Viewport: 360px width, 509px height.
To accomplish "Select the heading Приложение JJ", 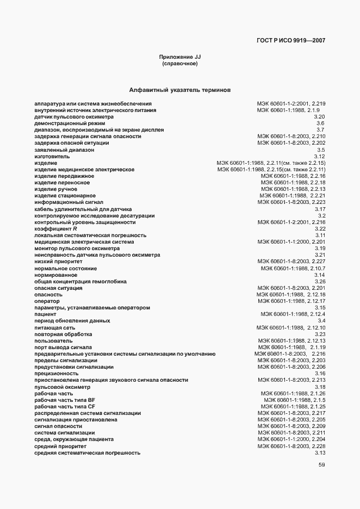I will click(x=180, y=57).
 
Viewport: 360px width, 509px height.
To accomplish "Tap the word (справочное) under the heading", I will click(x=180, y=64).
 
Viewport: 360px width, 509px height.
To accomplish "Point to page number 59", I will click(x=321, y=465).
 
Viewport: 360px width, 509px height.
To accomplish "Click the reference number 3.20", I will click(x=319, y=117).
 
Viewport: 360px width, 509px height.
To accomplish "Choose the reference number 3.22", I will click(x=319, y=229).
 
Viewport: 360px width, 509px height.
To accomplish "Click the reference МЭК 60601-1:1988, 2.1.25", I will click(x=293, y=407).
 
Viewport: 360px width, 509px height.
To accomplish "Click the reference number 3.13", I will click(x=319, y=453).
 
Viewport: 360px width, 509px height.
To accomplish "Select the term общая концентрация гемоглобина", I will click(x=80, y=282).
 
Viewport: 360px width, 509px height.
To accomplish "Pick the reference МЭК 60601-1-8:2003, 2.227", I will click(x=291, y=262).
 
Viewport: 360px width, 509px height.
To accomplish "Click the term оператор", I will click(x=47, y=301).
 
